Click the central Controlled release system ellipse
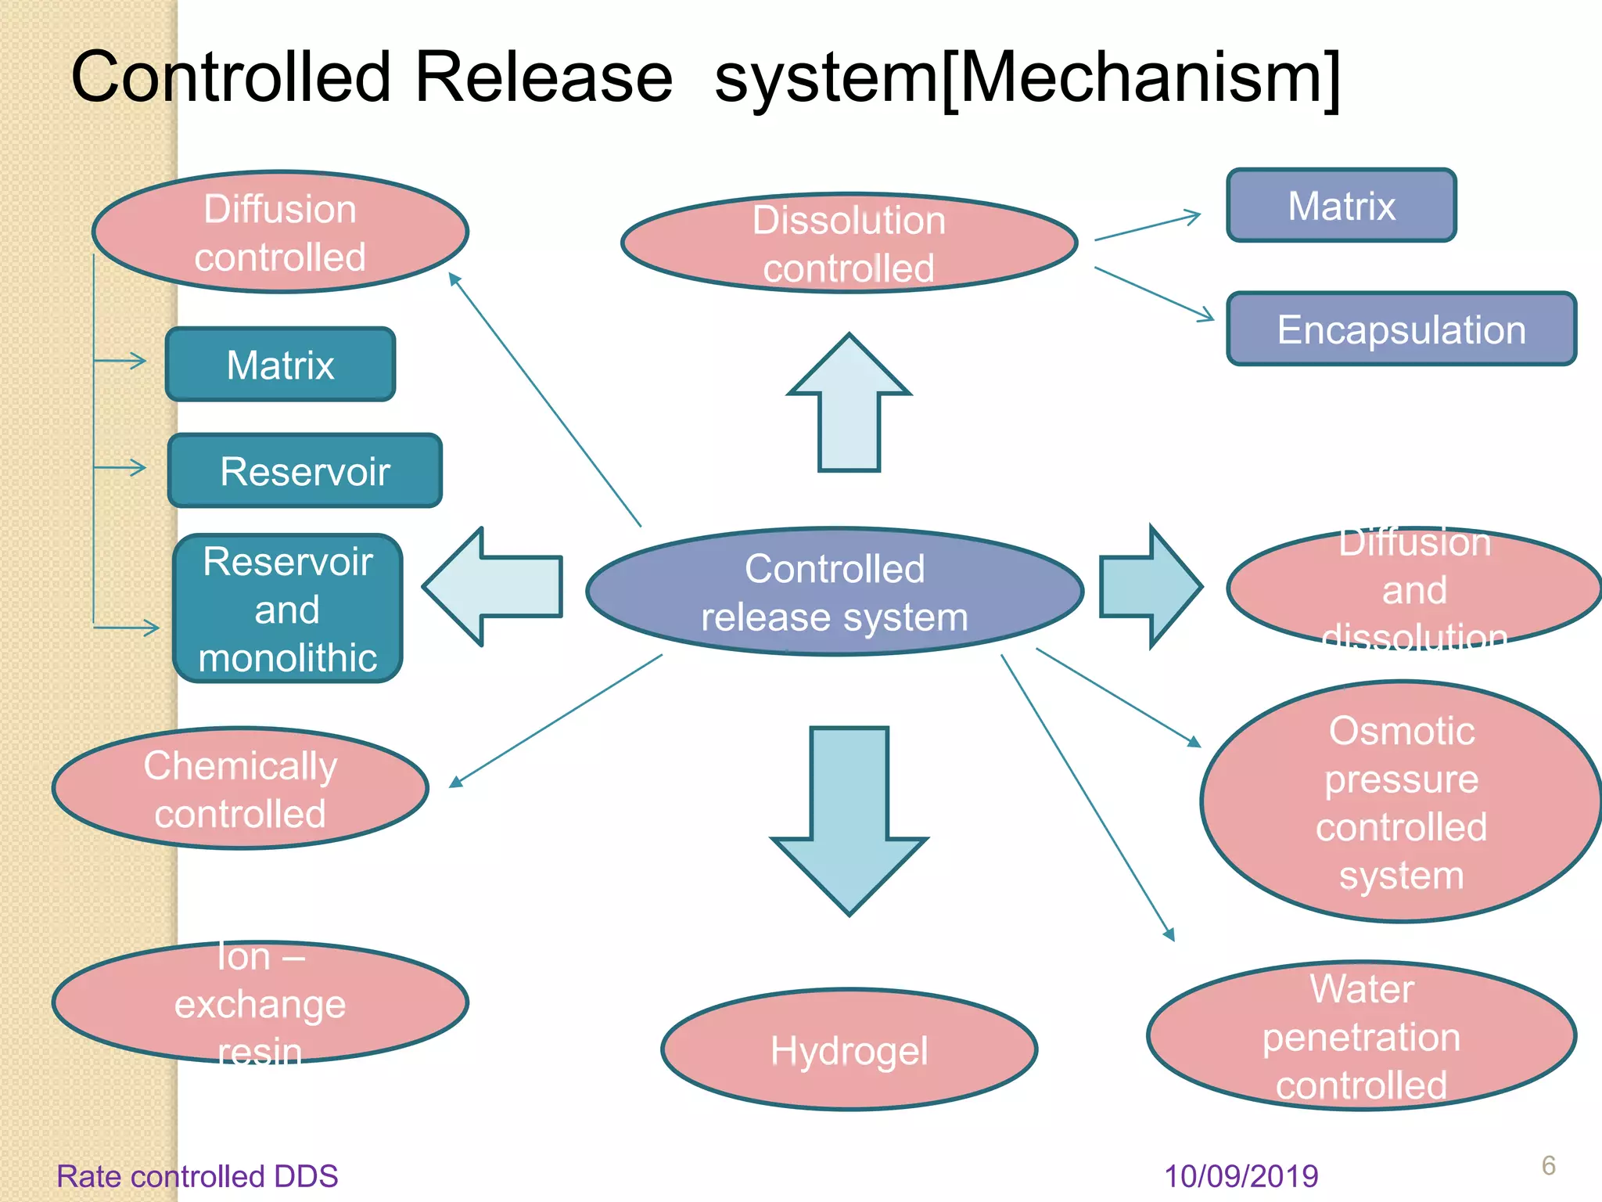coord(835,592)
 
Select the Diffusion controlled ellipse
coord(280,232)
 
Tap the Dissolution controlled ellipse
coord(849,243)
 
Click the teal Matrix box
coord(280,365)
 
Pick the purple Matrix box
coord(1342,206)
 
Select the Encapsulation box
coord(1401,329)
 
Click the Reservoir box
coord(305,471)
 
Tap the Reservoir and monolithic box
coord(288,609)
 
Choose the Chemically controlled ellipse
coord(240,789)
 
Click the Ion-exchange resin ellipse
coord(260,1003)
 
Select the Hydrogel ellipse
coord(849,1050)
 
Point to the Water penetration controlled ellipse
coord(1361,1036)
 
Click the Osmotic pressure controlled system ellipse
coord(1401,802)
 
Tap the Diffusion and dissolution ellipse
coord(1414,588)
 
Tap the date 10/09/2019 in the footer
coord(1241,1176)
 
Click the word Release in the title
coord(543,77)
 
